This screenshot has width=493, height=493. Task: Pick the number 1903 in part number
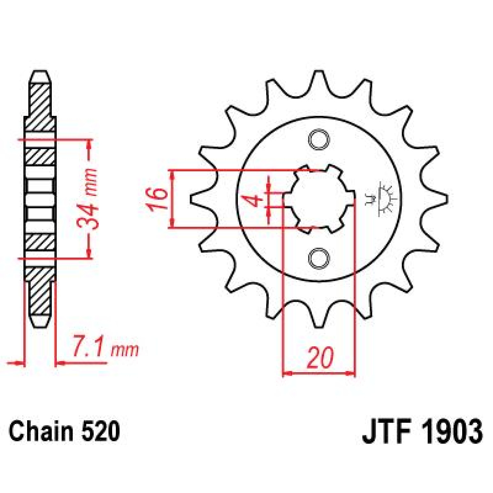(452, 431)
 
